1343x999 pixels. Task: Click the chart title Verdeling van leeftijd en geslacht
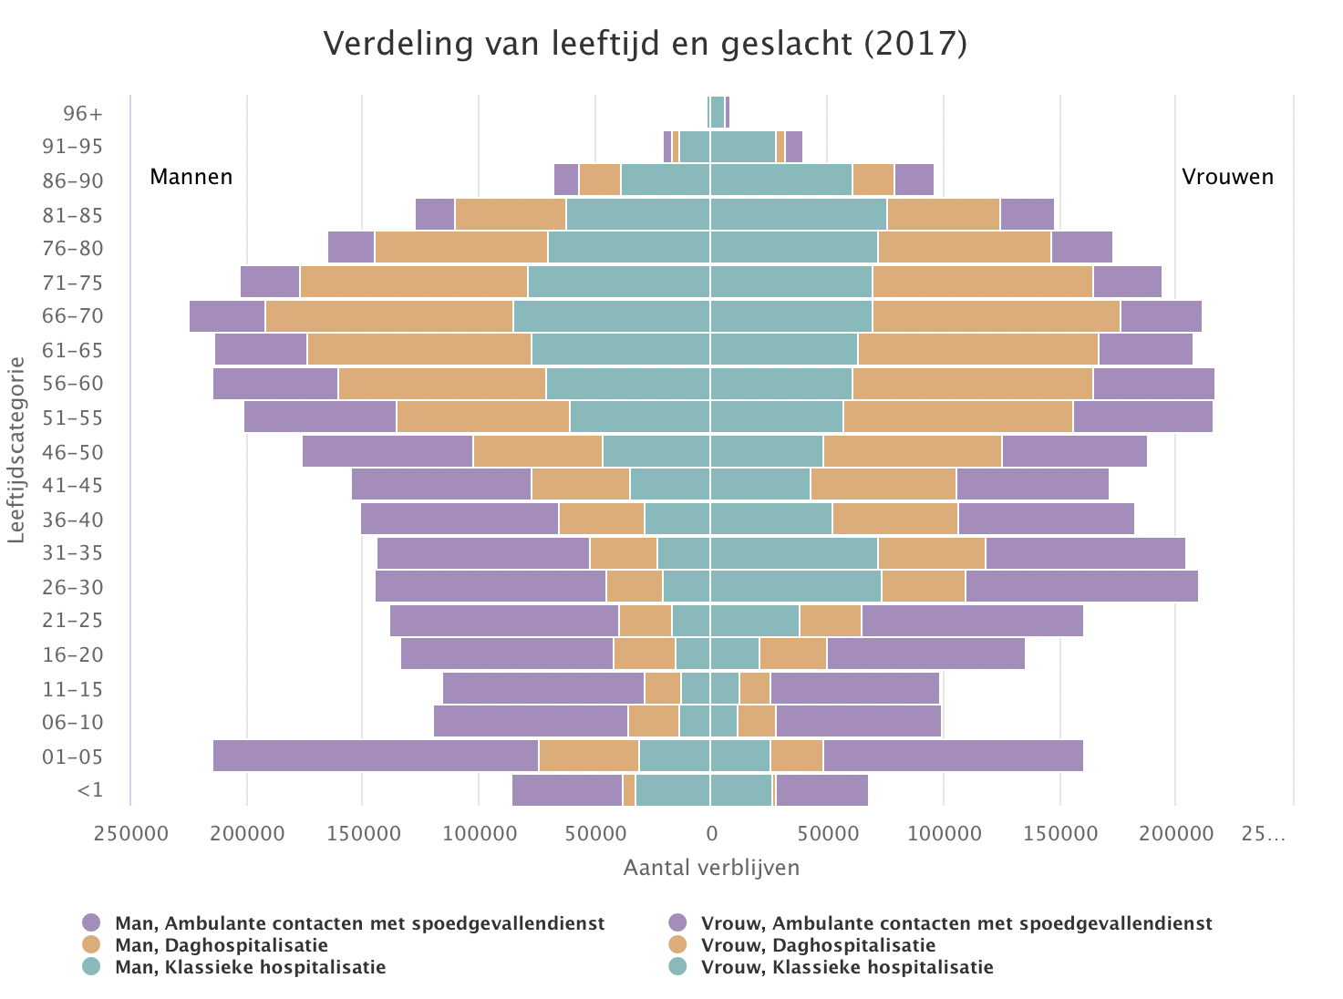tap(645, 44)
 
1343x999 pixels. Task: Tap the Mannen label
tap(191, 177)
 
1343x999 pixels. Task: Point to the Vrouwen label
tap(1227, 177)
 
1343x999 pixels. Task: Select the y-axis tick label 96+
tap(83, 114)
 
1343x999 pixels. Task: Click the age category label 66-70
tap(72, 316)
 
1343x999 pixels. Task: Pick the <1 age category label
tap(90, 790)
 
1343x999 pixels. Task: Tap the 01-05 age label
tap(72, 757)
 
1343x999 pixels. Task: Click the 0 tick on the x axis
tap(710, 833)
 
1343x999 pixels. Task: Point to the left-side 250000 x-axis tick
tap(129, 833)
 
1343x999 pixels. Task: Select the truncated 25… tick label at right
tap(1263, 833)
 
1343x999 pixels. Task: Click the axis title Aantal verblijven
tap(711, 868)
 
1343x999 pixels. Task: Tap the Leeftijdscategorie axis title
tap(15, 450)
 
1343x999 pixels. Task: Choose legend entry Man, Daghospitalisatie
tap(221, 945)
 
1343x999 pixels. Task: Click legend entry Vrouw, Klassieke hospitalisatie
tap(846, 967)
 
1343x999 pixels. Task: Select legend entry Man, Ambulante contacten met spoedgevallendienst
tap(359, 923)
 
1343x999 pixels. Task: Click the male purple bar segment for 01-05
tap(376, 757)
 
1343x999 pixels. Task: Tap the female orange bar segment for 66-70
tap(996, 316)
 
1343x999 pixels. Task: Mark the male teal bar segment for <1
tap(673, 790)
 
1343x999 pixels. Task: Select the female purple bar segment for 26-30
tap(1081, 586)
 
